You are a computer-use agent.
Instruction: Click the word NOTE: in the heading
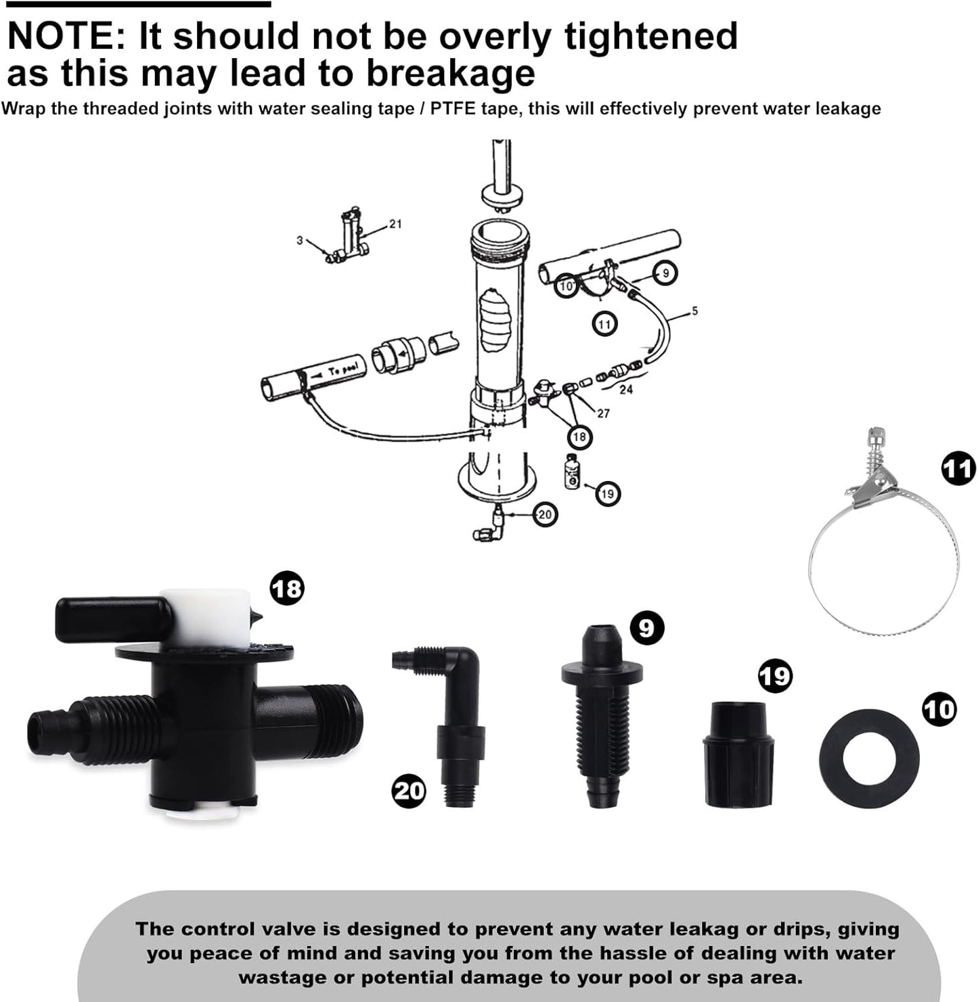coord(66,36)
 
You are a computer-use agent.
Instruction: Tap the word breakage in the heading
coord(451,72)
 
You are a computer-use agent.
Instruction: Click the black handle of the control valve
coord(113,620)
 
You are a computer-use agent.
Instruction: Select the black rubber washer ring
coord(869,758)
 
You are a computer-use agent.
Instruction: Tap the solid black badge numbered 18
coord(288,589)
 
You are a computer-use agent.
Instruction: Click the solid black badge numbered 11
coord(958,469)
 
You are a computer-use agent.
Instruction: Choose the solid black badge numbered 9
coord(647,628)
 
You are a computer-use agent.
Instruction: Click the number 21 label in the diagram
coord(395,224)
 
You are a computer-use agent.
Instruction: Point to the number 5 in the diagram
coord(694,311)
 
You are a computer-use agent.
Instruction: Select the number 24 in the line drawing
coord(626,389)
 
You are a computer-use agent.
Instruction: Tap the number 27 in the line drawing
coord(603,413)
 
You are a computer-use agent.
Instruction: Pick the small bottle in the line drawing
coord(572,471)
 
